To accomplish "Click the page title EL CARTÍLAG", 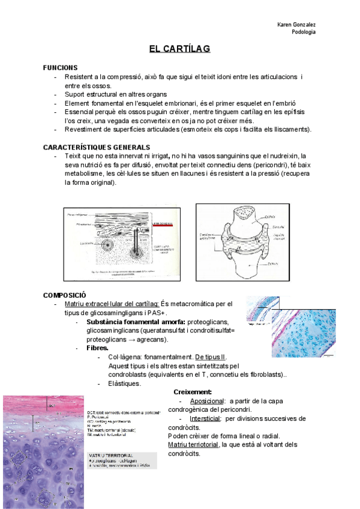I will click(x=180, y=49).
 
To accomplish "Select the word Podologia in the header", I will click(x=304, y=32).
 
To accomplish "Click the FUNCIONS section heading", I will click(x=60, y=68).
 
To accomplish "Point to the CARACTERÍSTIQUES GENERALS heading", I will click(x=97, y=147).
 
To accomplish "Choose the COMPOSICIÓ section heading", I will click(x=65, y=295).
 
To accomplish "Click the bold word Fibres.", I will click(x=98, y=348).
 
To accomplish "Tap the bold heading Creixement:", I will click(x=193, y=392).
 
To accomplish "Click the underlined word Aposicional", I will click(x=208, y=401).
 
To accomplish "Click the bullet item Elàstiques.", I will click(x=125, y=384).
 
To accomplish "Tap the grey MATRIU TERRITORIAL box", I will click(x=122, y=460).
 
